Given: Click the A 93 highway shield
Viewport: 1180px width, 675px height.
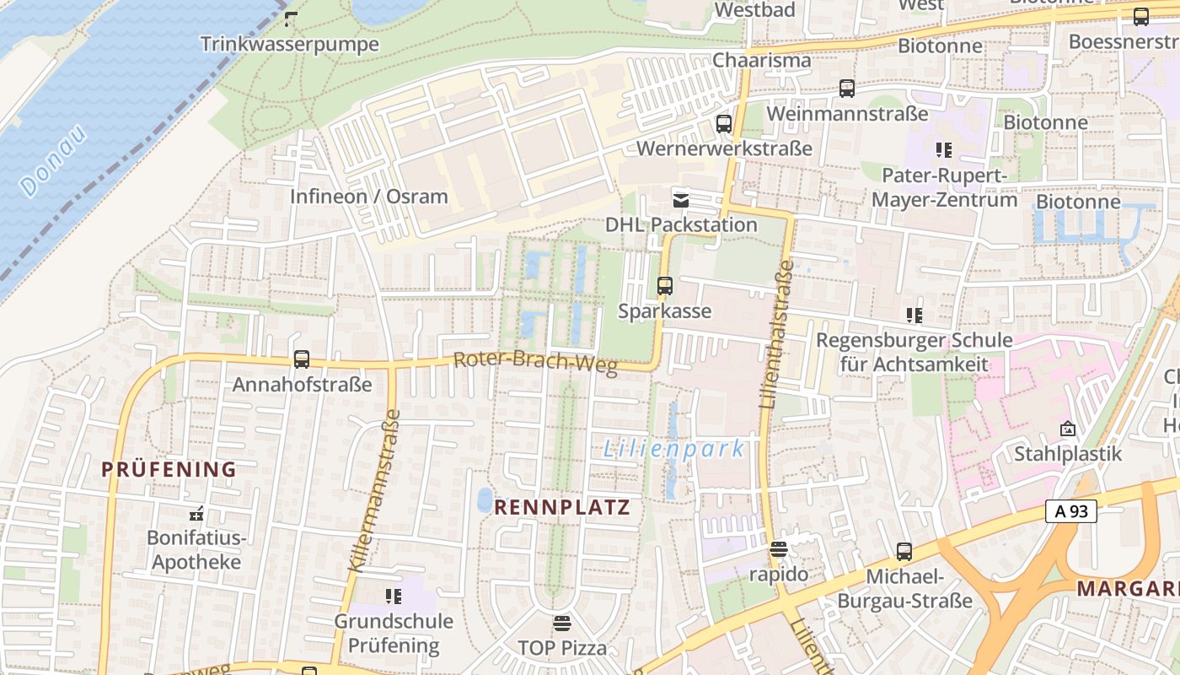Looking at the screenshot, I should pyautogui.click(x=1070, y=510).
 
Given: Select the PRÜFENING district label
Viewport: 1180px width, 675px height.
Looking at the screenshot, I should pyautogui.click(x=169, y=470).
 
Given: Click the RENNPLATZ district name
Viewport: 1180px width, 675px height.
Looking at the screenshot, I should pyautogui.click(x=562, y=507).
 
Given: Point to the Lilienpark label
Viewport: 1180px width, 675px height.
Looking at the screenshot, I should pyautogui.click(x=674, y=449).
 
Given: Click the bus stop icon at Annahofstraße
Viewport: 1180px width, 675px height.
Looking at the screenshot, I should pyautogui.click(x=302, y=359).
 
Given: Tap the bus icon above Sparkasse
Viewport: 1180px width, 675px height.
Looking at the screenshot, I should pyautogui.click(x=665, y=286).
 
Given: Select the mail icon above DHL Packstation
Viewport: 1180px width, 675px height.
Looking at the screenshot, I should pyautogui.click(x=680, y=201).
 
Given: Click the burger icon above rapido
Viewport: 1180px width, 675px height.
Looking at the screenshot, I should pyautogui.click(x=779, y=549).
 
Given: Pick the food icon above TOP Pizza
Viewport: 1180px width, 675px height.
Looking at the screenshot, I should pyautogui.click(x=562, y=624).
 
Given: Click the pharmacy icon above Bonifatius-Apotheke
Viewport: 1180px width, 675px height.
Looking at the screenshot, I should pyautogui.click(x=196, y=512).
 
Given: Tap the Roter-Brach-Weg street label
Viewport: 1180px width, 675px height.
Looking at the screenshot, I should pyautogui.click(x=535, y=363).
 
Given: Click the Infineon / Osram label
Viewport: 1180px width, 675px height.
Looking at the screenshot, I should pyautogui.click(x=369, y=197).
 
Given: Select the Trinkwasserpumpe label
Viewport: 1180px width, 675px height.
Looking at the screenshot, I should pyautogui.click(x=290, y=44).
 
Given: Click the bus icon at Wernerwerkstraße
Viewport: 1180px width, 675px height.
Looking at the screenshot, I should pyautogui.click(x=723, y=124).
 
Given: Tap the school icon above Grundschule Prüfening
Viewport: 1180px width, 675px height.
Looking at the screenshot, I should pyautogui.click(x=393, y=597).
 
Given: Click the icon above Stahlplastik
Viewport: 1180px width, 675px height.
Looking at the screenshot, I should pyautogui.click(x=1068, y=429).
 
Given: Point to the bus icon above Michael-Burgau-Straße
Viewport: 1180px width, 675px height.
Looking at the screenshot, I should pyautogui.click(x=904, y=552).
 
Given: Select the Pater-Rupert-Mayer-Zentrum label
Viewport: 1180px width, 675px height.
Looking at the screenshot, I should pyautogui.click(x=944, y=188).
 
